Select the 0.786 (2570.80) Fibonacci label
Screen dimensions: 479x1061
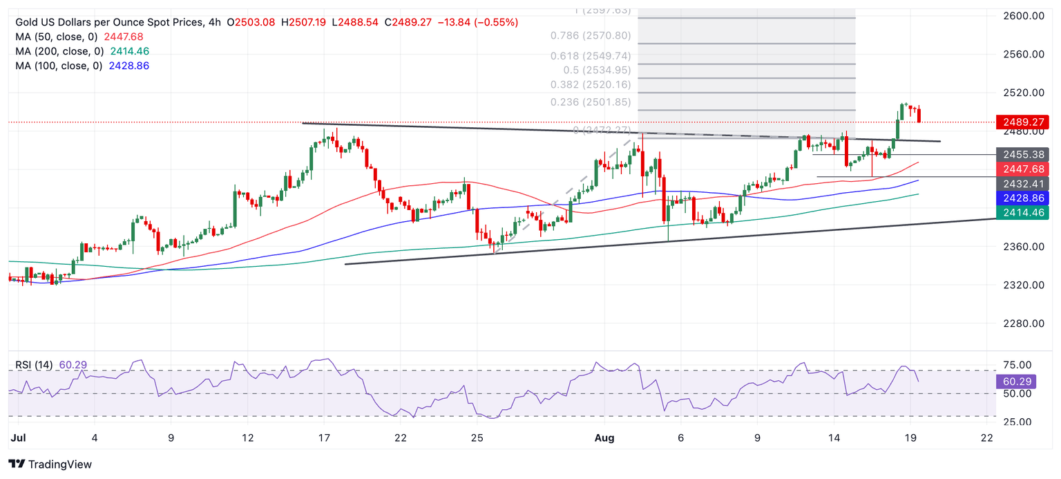591,35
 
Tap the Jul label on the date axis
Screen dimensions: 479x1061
19,438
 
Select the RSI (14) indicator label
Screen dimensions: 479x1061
50,365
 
